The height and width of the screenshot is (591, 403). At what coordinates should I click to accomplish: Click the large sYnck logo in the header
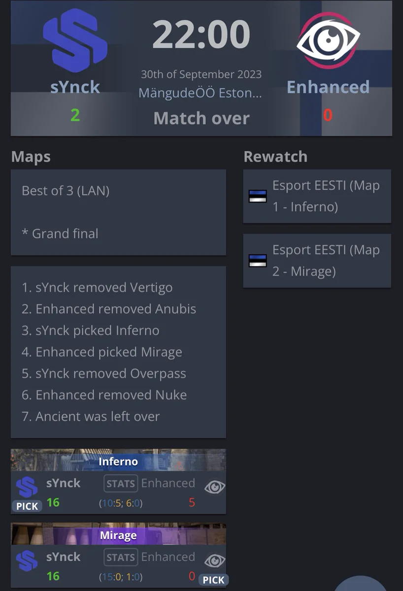coord(75,40)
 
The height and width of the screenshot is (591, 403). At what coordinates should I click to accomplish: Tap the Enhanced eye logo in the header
coord(328,40)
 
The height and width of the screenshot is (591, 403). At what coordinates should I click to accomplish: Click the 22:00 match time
coord(201,34)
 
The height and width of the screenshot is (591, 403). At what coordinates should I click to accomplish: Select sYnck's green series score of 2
coord(75,115)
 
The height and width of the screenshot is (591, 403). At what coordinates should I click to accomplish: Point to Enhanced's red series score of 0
coord(328,115)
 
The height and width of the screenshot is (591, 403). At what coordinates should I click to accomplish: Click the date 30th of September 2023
coord(201,74)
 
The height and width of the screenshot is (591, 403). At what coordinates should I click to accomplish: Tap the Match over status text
coord(201,118)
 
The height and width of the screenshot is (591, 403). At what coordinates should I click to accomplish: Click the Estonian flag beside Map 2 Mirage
coord(258,261)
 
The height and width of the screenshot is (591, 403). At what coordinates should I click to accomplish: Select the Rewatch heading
coord(275,157)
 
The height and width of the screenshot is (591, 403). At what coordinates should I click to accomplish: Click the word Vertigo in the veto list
coord(151,288)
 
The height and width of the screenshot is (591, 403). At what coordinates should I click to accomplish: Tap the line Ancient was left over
coord(91,416)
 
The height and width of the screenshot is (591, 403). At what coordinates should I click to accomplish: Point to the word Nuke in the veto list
coord(171,395)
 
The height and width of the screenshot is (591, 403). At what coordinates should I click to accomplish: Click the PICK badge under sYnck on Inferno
coord(27,506)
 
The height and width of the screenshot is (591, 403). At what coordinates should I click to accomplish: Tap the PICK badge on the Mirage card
coord(213,580)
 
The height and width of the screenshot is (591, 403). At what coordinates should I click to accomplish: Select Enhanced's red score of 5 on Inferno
coord(192,502)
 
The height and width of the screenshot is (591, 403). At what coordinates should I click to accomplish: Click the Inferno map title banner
coord(118,461)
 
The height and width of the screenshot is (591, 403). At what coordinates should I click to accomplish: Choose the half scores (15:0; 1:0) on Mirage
coord(121,577)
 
